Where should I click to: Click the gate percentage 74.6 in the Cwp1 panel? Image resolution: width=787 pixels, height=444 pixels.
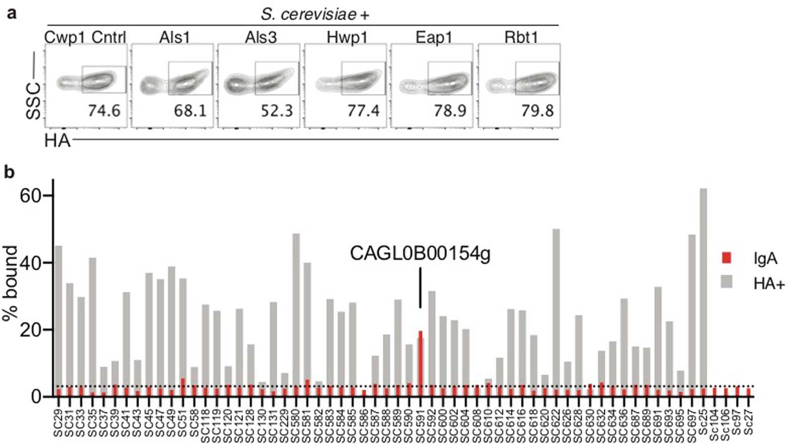[x=104, y=110]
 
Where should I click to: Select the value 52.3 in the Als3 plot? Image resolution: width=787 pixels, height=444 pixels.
[x=277, y=110]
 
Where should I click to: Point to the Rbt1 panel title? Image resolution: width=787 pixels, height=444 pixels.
[x=521, y=37]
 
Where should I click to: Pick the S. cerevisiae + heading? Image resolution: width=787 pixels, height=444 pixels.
[x=315, y=15]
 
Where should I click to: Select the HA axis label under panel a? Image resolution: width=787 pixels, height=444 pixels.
[x=57, y=141]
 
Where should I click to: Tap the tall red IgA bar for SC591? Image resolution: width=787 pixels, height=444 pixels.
[x=420, y=363]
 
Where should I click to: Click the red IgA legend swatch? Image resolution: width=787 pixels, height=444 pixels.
[x=726, y=258]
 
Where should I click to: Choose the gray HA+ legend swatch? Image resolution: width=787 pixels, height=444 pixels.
[x=726, y=282]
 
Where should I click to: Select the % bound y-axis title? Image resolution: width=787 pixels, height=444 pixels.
[x=11, y=284]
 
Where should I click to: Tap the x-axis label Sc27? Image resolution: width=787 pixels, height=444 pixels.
[x=749, y=423]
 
